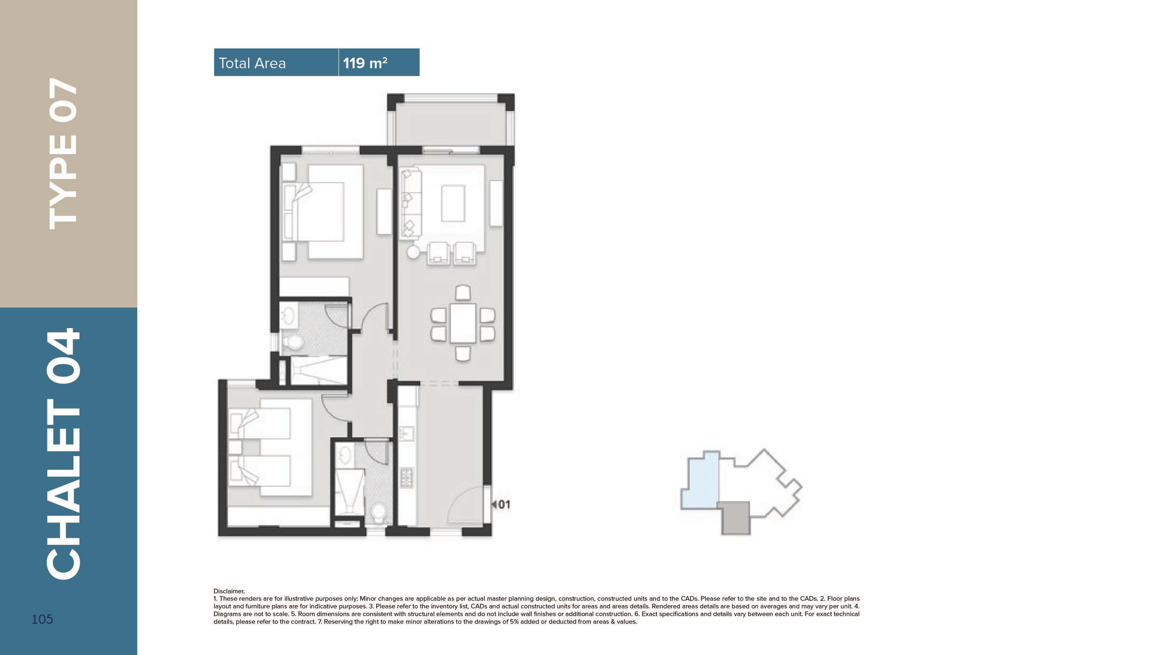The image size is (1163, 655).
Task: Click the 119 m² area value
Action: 365,63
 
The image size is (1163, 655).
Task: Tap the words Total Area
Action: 252,63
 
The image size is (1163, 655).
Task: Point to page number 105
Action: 42,619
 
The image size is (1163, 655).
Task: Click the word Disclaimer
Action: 229,591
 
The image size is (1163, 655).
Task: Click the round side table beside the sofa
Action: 413,252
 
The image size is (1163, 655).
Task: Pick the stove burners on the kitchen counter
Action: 406,478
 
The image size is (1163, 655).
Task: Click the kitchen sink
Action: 406,434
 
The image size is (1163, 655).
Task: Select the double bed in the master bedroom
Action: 323,211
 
